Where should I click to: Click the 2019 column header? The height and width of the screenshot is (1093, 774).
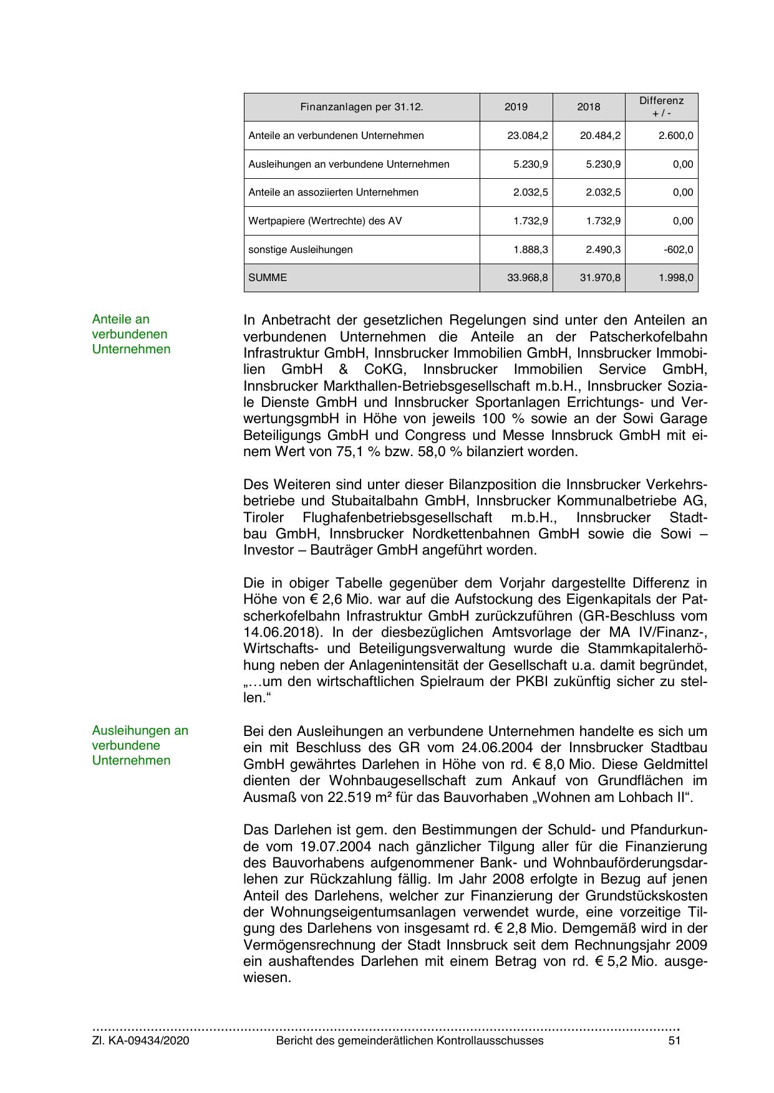tap(516, 107)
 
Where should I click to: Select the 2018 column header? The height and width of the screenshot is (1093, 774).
tap(588, 107)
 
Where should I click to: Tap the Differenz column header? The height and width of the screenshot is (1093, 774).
tap(661, 107)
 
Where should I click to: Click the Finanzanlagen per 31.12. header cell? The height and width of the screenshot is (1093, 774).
tap(362, 107)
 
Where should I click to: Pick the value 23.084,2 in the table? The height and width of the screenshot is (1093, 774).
tap(528, 136)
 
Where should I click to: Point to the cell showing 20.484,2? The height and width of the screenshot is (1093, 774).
tap(600, 136)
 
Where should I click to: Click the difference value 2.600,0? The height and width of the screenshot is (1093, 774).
tap(675, 136)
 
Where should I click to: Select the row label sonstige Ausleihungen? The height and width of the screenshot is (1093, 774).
tap(301, 250)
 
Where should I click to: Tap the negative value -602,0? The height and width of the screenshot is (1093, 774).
tap(679, 250)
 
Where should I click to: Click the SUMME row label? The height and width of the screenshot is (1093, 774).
tap(268, 278)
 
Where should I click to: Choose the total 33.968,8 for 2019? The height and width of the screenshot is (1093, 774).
tap(528, 278)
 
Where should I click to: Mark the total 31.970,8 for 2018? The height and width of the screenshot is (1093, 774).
tap(600, 278)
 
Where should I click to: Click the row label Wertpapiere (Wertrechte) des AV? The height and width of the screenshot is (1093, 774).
tap(325, 221)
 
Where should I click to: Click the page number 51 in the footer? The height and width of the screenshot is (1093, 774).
tap(674, 1041)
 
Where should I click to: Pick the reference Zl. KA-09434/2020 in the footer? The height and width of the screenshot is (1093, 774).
tap(141, 1041)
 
